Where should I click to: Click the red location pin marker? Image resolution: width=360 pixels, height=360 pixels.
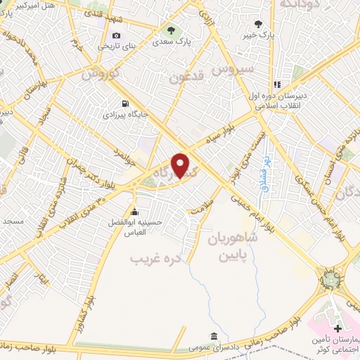click(181, 165)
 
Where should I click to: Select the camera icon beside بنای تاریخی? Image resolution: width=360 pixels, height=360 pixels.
click(116, 36)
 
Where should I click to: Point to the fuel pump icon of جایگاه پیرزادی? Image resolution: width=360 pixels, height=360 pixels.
click(125, 102)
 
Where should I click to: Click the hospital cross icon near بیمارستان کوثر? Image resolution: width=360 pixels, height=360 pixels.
click(337, 328)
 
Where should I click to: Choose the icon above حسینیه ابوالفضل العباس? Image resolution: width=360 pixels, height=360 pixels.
click(134, 212)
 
